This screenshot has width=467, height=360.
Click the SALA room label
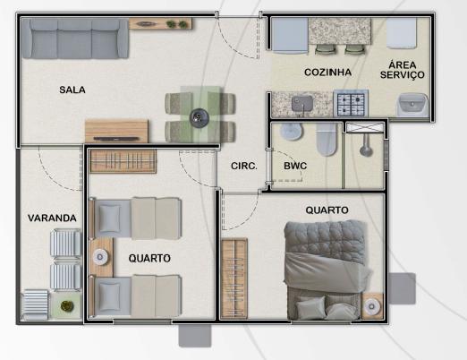pyautogui.click(x=72, y=90)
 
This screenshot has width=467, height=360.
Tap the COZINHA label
pyautogui.click(x=327, y=73)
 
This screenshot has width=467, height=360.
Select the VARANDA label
pyautogui.click(x=52, y=218)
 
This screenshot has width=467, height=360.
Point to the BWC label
pyautogui.click(x=295, y=166)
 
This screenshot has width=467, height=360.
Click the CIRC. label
pyautogui.click(x=244, y=166)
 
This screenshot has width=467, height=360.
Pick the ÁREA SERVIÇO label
pyautogui.click(x=403, y=70)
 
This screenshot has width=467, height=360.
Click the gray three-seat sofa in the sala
pyautogui.click(x=75, y=39)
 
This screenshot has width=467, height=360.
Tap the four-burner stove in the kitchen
pyautogui.click(x=351, y=103)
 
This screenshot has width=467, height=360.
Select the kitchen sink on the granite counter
pyautogui.click(x=302, y=104)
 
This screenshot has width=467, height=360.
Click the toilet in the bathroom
pyautogui.click(x=327, y=139)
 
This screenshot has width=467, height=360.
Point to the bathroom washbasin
pyautogui.click(x=292, y=131)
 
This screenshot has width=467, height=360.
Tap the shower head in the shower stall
pyautogui.click(x=366, y=150)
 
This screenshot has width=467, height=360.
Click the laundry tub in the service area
pyautogui.click(x=412, y=105)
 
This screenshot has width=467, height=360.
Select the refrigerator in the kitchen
pyautogui.click(x=289, y=36)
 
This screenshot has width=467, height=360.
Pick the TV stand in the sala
pyautogui.click(x=116, y=131)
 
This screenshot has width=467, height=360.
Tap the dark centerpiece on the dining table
pyautogui.click(x=200, y=118)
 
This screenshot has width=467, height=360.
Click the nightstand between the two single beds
pyautogui.click(x=101, y=257)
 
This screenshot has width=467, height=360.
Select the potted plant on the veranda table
pyautogui.click(x=67, y=305)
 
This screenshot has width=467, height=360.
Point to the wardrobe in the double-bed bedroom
pyautogui.click(x=233, y=279)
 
